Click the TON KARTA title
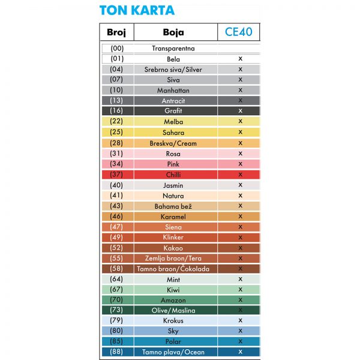pos(137,10)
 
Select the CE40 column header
pos(238,32)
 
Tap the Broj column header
pos(117,32)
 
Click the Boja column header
pos(173,32)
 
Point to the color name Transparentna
pos(173,49)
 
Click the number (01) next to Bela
pos(117,59)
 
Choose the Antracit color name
pos(173,101)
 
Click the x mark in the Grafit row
pos(239,111)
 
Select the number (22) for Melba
pos(117,122)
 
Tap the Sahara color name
pos(173,133)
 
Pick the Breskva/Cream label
pos(173,143)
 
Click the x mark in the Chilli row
pos(239,175)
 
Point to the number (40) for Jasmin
pos(117,185)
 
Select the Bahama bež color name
pos(173,206)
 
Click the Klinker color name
pos(173,238)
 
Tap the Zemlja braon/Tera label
pos(173,259)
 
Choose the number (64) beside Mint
pos(117,280)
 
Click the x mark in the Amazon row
pos(239,300)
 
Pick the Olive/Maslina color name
pos(173,311)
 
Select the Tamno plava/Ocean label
pos(173,352)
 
